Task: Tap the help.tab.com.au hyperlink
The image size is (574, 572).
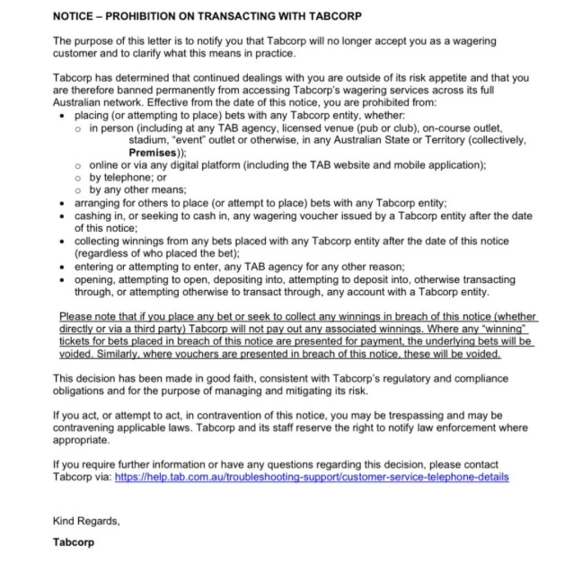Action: point(312,477)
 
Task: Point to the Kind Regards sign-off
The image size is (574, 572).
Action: point(86,521)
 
